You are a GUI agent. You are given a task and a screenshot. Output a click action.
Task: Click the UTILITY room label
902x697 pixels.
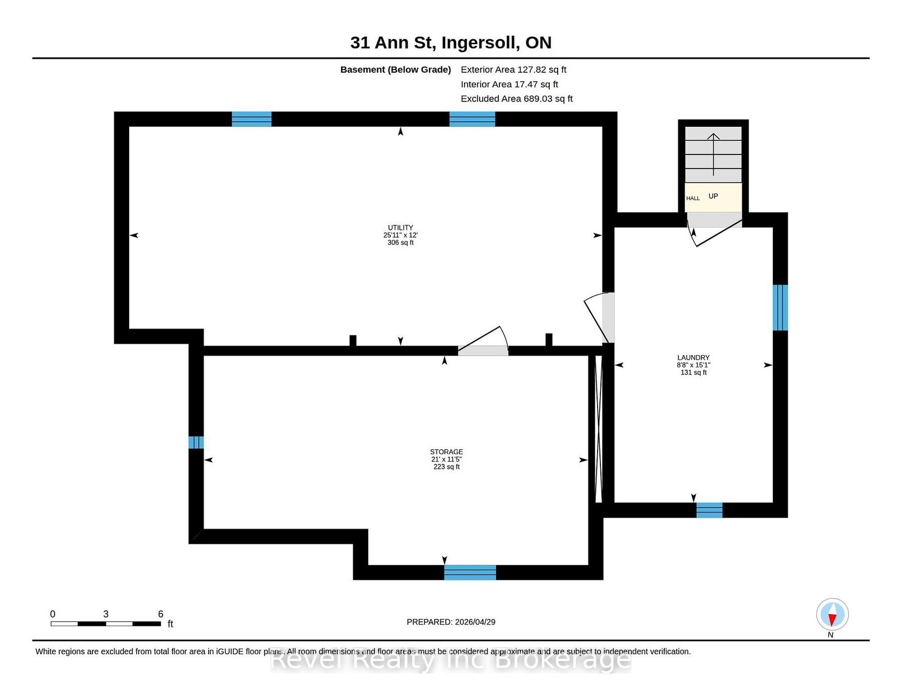400,227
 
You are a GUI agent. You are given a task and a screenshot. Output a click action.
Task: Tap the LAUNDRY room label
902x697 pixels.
693,357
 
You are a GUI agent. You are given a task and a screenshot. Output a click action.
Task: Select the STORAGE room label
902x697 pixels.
446,451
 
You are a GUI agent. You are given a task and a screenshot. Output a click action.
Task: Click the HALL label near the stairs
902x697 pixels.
693,198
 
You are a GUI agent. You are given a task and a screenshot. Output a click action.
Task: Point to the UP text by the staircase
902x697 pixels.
713,196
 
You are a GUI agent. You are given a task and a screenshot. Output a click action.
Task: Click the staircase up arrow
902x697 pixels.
713,154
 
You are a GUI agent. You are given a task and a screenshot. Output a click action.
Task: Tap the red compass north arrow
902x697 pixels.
832,619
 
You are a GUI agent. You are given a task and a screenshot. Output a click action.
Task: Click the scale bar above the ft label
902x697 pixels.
106,624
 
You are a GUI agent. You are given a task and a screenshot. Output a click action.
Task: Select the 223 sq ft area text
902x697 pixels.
446,467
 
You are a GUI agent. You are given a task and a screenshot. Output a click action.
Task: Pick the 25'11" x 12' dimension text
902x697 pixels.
400,235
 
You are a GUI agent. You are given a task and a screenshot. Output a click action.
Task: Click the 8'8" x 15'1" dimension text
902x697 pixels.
693,365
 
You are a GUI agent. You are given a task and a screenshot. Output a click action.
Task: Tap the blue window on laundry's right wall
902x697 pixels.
780,308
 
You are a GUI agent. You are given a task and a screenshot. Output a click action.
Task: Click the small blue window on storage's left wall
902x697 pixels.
196,442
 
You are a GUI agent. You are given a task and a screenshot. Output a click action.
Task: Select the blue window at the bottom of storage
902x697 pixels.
470,572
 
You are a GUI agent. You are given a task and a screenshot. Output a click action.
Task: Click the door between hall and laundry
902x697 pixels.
714,228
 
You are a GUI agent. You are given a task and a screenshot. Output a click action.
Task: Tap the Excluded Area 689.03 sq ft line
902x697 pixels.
516,99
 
